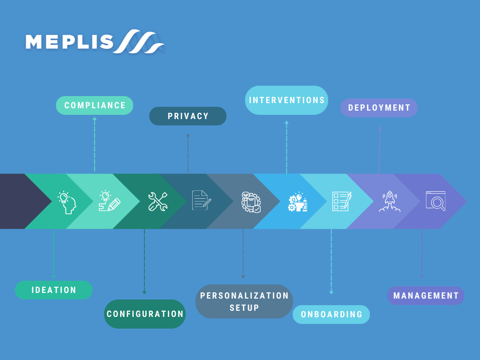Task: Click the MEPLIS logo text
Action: pyautogui.click(x=69, y=42)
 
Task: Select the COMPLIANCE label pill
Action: pyautogui.click(x=95, y=105)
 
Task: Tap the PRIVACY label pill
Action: pyautogui.click(x=187, y=116)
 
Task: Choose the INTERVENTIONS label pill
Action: pyautogui.click(x=286, y=100)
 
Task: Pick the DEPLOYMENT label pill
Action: pyautogui.click(x=379, y=108)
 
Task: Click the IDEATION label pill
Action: pyautogui.click(x=53, y=290)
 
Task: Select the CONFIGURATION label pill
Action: pyautogui.click(x=145, y=314)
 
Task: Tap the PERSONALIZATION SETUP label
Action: pyautogui.click(x=244, y=301)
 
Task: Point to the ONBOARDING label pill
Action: pyautogui.click(x=331, y=315)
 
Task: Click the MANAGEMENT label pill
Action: pyautogui.click(x=426, y=296)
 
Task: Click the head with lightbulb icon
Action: pyautogui.click(x=67, y=202)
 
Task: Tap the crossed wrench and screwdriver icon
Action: pyautogui.click(x=157, y=202)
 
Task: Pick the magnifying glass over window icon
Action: pyautogui.click(x=435, y=201)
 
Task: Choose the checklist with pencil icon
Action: pyautogui.click(x=341, y=201)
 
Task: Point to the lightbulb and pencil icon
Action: pyautogui.click(x=109, y=202)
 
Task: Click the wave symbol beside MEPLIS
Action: pyautogui.click(x=141, y=43)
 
